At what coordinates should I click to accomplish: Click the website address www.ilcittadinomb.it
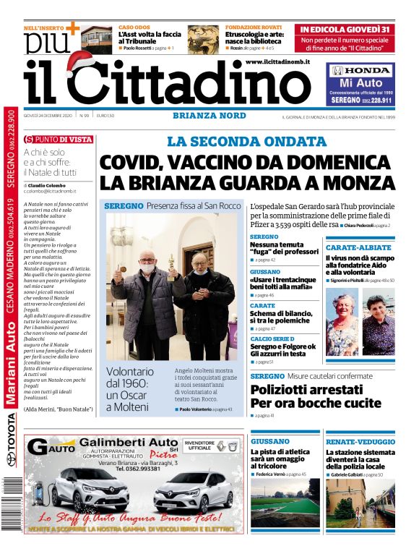tap(277, 63)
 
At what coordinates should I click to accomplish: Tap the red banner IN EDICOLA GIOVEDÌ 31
tap(346, 30)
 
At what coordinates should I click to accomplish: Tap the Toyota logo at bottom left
tap(10, 459)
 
